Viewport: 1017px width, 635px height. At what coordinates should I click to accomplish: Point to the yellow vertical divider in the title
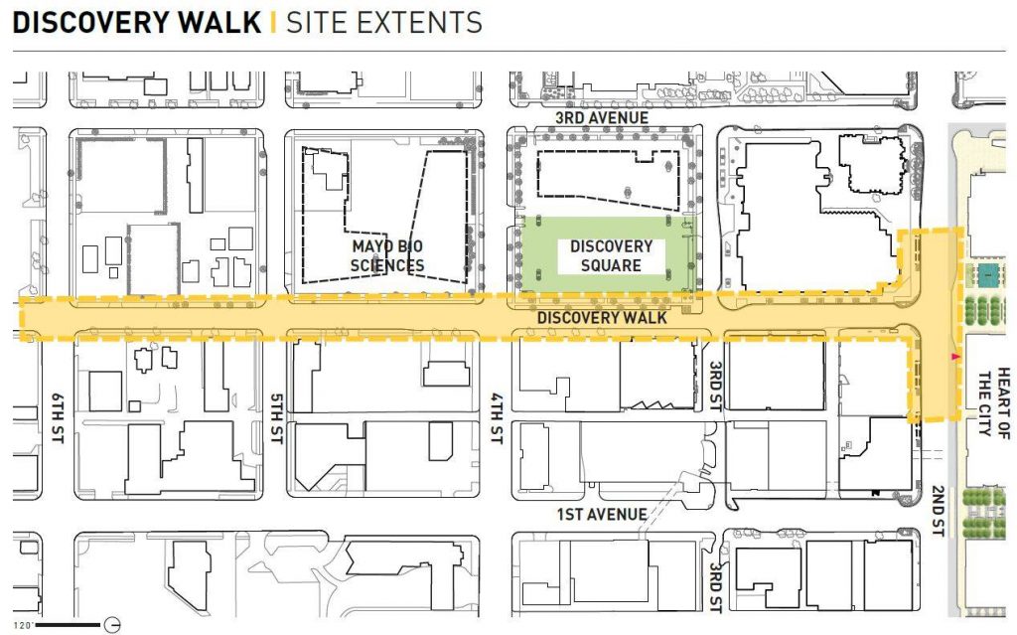coord(272,22)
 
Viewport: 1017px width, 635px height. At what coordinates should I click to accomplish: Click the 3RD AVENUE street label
coord(602,118)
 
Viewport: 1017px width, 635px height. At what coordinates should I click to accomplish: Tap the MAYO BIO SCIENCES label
coord(387,255)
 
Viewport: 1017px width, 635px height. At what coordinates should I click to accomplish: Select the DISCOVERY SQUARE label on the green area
coord(611,255)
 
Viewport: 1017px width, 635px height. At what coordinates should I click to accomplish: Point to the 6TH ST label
coord(57,418)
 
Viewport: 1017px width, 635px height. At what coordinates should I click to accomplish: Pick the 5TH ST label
coord(276,418)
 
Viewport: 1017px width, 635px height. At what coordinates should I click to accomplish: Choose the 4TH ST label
coord(498,418)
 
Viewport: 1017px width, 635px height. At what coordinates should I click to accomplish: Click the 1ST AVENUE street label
coord(602,515)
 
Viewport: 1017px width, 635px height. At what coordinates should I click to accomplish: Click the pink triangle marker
coord(955,356)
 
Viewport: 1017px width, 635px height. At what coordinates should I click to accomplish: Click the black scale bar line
coord(70,625)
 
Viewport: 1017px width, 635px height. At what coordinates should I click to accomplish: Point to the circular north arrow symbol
coord(113,625)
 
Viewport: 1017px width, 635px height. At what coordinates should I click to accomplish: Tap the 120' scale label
coord(22,625)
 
